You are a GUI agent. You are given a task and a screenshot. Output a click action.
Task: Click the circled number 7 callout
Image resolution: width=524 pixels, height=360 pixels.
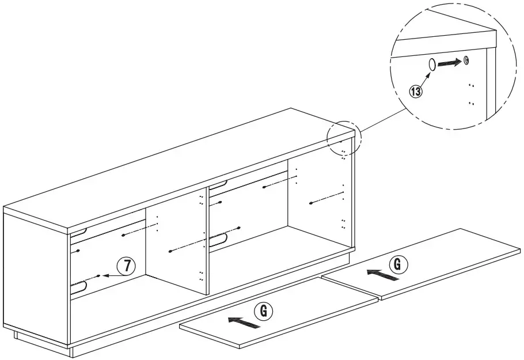click(126, 266)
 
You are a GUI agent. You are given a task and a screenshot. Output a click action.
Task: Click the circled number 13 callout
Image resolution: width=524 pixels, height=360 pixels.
click(415, 91)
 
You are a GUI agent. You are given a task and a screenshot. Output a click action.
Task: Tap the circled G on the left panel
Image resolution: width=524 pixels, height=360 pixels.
click(263, 311)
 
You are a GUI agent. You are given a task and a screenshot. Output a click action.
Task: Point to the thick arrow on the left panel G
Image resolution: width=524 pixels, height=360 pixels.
click(244, 323)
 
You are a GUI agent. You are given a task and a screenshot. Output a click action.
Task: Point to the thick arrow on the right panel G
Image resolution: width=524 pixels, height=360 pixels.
click(383, 275)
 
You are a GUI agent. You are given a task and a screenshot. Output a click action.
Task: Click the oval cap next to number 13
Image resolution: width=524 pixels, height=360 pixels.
click(432, 65)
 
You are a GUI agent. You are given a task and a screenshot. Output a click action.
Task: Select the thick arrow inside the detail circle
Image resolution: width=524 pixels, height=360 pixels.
click(450, 63)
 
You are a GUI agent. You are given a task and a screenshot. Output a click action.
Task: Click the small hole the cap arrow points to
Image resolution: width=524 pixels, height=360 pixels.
click(466, 60)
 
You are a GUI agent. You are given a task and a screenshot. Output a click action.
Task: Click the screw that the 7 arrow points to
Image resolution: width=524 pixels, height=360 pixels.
click(98, 276)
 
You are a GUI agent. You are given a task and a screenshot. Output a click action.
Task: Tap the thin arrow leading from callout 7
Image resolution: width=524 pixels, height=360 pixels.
click(115, 275)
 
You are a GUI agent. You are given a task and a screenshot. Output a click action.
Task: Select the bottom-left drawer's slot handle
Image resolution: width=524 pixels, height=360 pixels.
click(79, 286)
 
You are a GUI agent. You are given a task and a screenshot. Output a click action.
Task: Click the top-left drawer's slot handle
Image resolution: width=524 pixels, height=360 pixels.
click(79, 232)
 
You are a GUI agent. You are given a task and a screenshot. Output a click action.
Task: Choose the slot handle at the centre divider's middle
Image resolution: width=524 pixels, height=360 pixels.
click(218, 240)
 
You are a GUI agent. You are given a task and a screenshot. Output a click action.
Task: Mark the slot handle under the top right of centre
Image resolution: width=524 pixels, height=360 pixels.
click(218, 184)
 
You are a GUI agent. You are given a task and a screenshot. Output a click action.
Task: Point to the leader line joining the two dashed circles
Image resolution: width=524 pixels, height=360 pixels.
click(383, 120)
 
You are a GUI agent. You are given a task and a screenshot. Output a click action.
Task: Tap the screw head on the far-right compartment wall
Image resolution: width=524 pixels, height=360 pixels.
click(311, 203)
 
